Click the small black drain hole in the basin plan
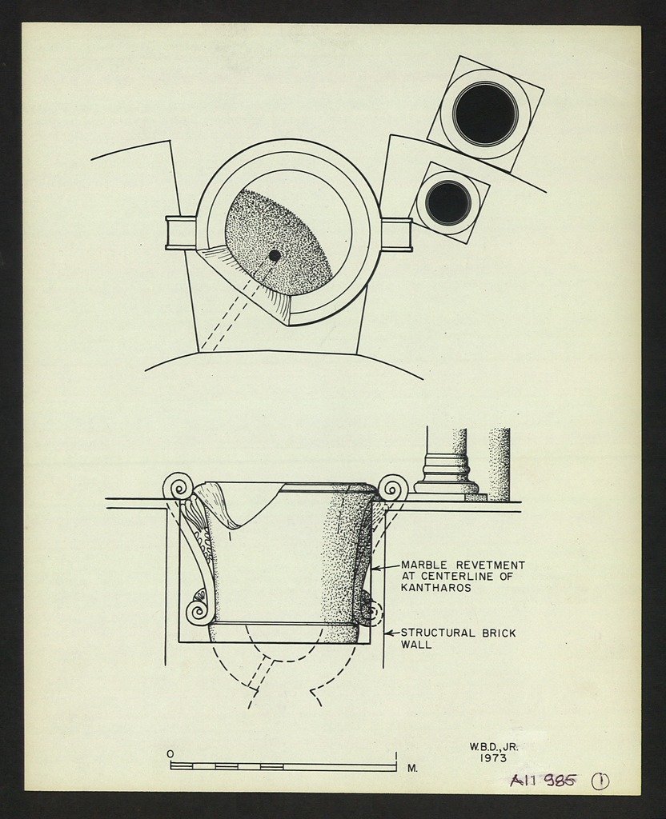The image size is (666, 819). click(x=275, y=255)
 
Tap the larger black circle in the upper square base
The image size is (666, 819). click(x=485, y=114)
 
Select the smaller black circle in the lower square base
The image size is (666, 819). click(x=447, y=202)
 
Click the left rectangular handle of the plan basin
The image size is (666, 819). click(x=180, y=233)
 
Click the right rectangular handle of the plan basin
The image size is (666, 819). click(x=396, y=234)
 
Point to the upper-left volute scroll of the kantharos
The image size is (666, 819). click(x=178, y=485)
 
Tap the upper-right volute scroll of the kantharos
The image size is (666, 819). click(x=393, y=487)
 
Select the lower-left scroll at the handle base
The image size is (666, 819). click(x=198, y=612)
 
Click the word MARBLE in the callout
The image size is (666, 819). click(x=425, y=565)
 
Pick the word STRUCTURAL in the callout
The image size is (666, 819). click(x=439, y=633)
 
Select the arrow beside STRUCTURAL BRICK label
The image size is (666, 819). click(x=391, y=633)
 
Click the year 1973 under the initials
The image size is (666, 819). click(x=493, y=758)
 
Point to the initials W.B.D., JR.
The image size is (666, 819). click(x=493, y=746)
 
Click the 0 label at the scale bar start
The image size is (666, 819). click(x=170, y=753)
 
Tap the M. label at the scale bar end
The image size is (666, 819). click(x=412, y=768)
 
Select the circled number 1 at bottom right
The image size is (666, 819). click(x=600, y=781)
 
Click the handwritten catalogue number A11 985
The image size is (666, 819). click(x=542, y=781)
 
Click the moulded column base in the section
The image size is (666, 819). click(x=446, y=473)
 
